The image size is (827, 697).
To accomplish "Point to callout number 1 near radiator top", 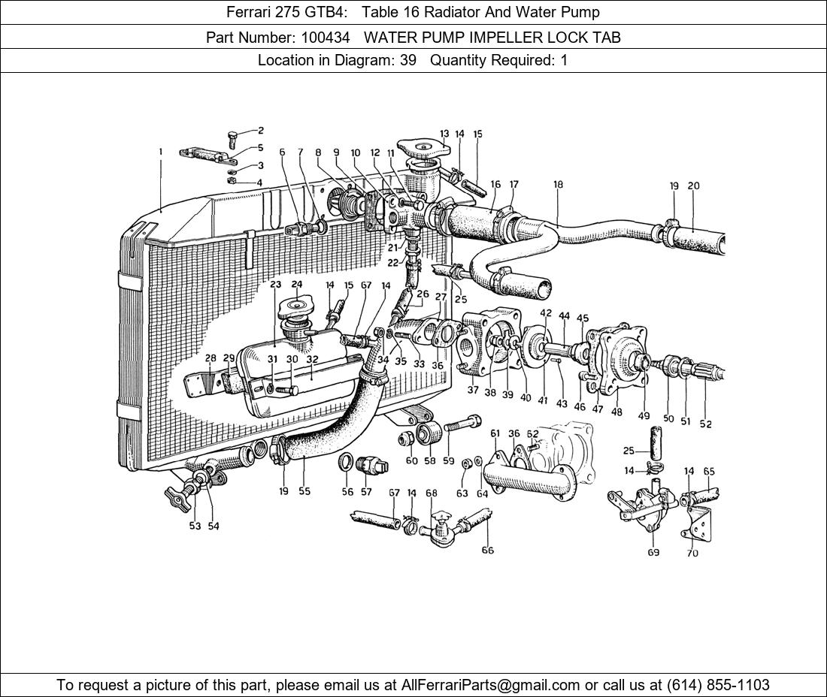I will coord(160,152).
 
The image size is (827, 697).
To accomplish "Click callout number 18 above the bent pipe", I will coord(558,184).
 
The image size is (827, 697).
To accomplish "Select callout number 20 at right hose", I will coord(693,186).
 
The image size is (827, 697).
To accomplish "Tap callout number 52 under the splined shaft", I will coord(705,424).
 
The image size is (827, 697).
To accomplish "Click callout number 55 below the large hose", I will coord(304,491).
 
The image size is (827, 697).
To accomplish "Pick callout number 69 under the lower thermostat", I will coord(653,553).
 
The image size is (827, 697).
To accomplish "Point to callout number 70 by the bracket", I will coord(692,554).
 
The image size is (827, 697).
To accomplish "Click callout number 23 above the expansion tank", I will coord(276,285).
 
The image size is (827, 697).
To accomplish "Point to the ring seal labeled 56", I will coord(347,460).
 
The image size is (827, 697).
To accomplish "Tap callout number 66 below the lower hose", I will coord(487,551).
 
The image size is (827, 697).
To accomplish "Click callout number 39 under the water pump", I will coord(507,395).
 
